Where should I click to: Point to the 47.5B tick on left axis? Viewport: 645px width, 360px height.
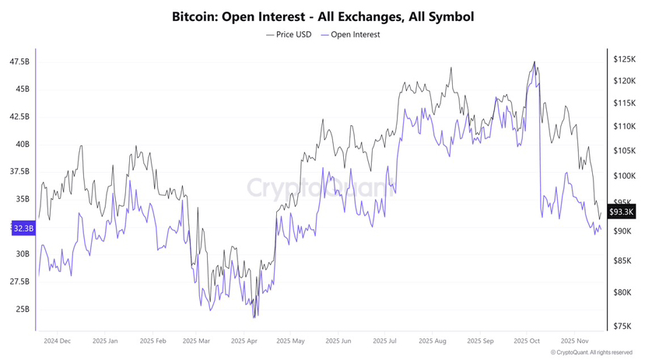pos(19,61)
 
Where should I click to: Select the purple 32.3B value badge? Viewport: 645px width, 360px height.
pos(23,228)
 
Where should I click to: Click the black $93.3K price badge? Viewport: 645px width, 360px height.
pos(622,211)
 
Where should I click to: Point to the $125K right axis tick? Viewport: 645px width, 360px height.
pos(624,59)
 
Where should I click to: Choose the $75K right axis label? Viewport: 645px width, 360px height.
pos(622,327)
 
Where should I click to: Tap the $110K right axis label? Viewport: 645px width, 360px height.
pos(624,126)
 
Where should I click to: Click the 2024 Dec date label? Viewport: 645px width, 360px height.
pos(58,341)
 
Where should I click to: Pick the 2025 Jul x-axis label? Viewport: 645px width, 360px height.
pos(385,341)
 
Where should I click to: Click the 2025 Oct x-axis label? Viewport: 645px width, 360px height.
pos(527,341)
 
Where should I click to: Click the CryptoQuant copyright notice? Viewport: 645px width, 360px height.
pos(591,352)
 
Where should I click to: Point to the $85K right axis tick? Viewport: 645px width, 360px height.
pos(622,261)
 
